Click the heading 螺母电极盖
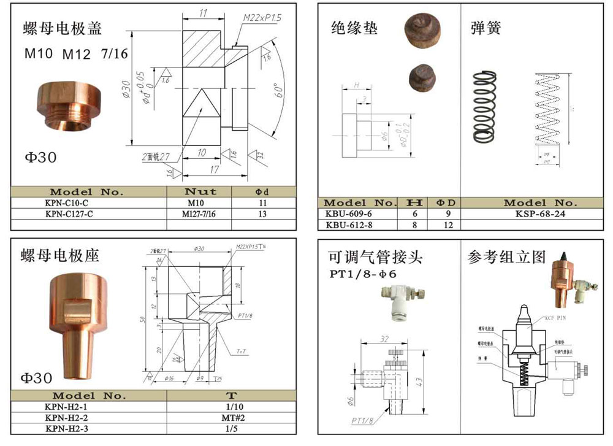pos(63,28)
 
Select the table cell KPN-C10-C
pos(70,203)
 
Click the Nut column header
pos(200,192)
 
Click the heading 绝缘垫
pos(354,28)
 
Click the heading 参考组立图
pos(506,256)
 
